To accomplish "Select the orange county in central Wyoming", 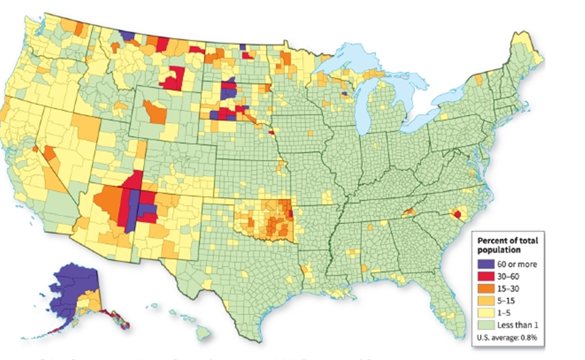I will click(155, 112).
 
